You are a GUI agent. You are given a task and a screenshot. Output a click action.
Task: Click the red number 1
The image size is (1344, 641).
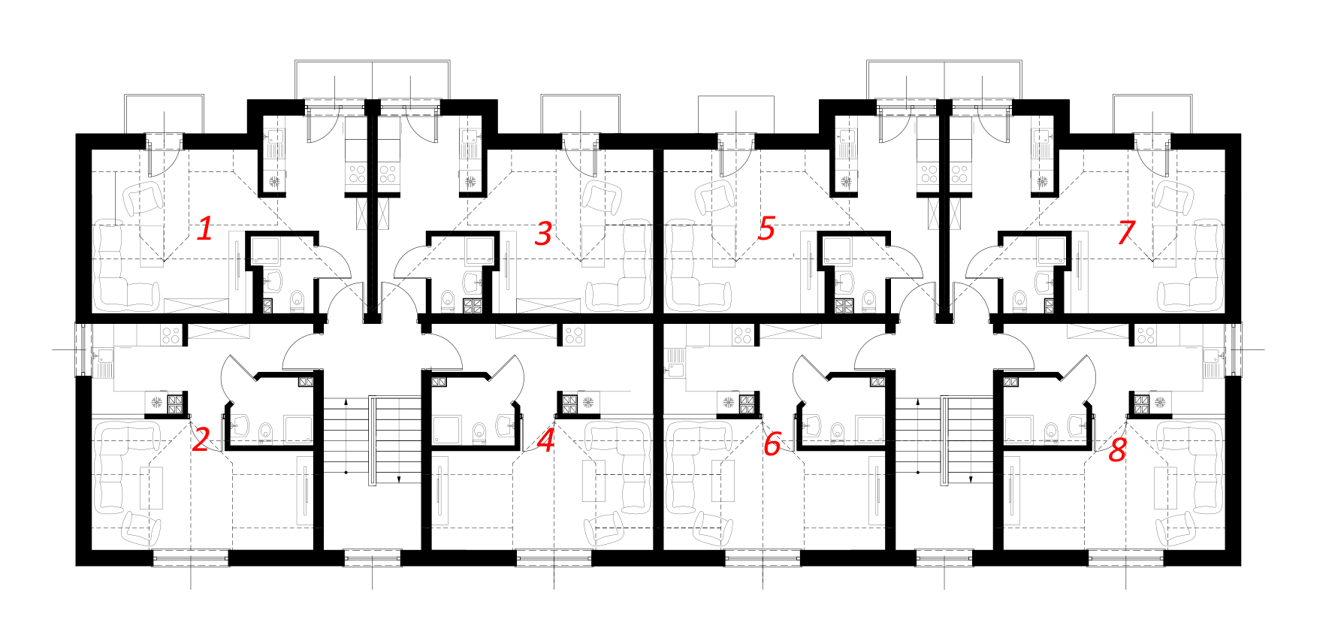coord(204,228)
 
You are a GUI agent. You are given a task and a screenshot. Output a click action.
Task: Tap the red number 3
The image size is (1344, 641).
coord(543,234)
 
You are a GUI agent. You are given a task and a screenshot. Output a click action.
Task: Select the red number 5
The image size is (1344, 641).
coord(766,228)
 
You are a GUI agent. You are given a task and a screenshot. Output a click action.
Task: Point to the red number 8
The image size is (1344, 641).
coord(1118,450)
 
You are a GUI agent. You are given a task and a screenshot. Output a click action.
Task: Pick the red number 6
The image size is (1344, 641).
coord(772,444)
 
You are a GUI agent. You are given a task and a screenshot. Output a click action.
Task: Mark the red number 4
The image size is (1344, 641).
coord(546,440)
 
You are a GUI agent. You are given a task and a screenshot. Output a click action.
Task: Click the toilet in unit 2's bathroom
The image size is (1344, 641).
coord(265,432)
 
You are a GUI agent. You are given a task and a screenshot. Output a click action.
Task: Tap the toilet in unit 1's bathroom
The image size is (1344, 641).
coord(297,299)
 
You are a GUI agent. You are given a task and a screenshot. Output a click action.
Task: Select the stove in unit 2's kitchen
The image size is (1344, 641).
coord(171,334)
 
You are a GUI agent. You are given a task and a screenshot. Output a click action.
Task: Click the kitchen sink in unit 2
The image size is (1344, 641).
coord(102,364)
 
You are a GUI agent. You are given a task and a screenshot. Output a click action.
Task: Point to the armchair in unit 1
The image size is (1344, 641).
coord(144,198)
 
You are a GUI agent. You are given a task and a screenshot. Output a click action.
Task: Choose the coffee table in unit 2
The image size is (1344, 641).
coord(153,487)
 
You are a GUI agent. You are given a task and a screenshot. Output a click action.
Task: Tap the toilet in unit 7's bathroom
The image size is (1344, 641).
coord(1019,299)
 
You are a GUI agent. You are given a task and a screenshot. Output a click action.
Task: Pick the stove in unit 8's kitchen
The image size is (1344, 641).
coord(1146,335)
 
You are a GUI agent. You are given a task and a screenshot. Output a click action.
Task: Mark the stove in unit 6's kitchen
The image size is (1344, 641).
coord(743,335)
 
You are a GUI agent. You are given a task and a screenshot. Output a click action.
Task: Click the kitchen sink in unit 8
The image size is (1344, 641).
coord(1215,364)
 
